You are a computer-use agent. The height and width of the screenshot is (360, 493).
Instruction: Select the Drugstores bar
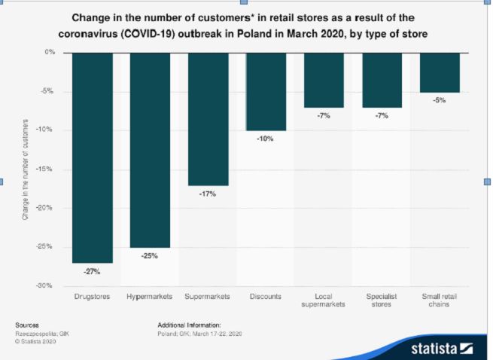tap(93, 157)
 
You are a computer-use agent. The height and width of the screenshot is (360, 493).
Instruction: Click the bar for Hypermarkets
tap(150, 150)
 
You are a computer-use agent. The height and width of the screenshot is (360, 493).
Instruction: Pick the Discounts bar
tap(266, 91)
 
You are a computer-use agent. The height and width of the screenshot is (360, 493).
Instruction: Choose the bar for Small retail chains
tap(440, 72)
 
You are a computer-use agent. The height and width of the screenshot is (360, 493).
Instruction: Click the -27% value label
tap(93, 271)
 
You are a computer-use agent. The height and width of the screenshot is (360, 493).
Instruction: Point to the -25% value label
tap(150, 256)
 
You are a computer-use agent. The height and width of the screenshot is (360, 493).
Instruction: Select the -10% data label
tap(265, 139)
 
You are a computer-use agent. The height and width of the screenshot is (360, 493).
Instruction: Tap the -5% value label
tap(440, 100)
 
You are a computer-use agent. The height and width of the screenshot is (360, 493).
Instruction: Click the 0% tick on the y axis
tap(50, 53)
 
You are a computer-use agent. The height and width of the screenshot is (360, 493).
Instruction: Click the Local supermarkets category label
tap(324, 301)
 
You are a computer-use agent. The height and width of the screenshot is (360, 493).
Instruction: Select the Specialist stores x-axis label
tap(382, 301)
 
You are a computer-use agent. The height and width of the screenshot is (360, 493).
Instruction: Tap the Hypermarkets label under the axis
tap(150, 297)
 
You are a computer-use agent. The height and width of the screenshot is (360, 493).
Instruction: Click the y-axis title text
tap(25, 169)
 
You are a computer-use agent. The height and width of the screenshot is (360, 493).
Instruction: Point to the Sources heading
tap(26, 324)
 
